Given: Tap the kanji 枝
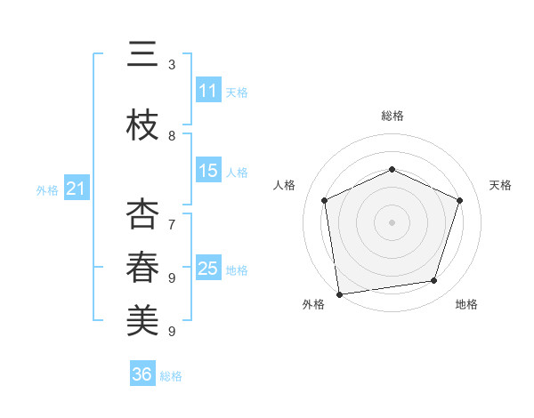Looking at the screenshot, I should tap(142, 125).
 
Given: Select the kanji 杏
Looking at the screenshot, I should tap(142, 214).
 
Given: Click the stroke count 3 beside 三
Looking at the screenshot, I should tap(172, 65).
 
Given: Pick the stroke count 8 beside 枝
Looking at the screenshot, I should tap(172, 136).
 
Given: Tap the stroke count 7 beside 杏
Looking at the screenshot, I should tap(172, 224).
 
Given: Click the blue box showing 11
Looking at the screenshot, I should tap(208, 91).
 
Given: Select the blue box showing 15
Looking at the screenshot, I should tap(208, 171).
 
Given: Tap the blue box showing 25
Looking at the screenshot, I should tap(208, 269).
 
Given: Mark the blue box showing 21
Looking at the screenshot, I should tap(76, 189).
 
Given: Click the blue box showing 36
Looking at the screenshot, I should tap(142, 374).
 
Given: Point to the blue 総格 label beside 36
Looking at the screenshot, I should tap(172, 376).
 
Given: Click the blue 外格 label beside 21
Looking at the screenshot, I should tap(47, 190).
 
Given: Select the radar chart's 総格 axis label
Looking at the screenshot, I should tap(392, 116).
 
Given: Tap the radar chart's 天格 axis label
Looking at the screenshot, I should tap(500, 185).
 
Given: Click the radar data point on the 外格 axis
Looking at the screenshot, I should tap(339, 293).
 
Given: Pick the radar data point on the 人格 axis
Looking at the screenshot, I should tap(325, 200).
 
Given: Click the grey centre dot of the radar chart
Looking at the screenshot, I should tap(392, 222).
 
